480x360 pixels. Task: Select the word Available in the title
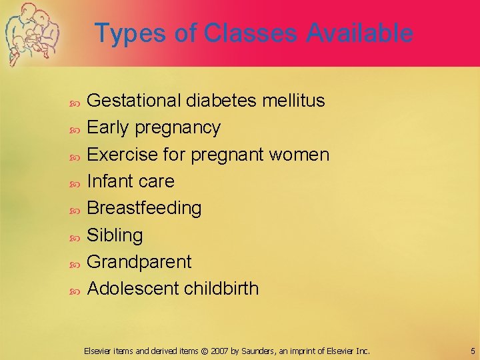tap(360, 33)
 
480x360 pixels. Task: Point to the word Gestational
tap(135, 101)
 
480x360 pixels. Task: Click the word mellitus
tap(294, 101)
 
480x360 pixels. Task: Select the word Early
tap(109, 127)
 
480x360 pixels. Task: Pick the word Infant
tap(111, 181)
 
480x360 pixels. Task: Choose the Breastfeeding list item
tap(144, 208)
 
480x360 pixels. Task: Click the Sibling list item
tap(115, 235)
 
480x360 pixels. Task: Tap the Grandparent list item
tap(139, 262)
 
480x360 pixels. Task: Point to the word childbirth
tap(221, 289)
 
